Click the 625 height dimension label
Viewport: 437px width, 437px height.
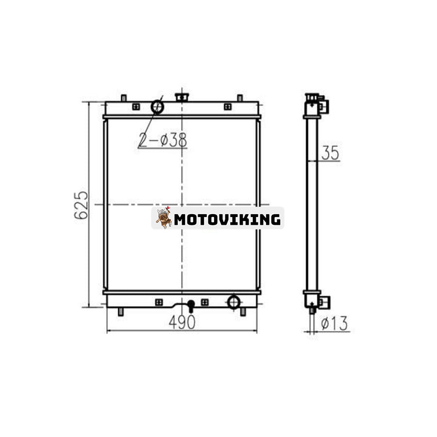point(81,205)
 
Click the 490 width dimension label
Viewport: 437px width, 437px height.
point(182,322)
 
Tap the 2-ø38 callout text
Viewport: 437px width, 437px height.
point(163,140)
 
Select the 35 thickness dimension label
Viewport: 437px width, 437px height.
point(330,153)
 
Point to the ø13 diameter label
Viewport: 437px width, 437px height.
point(334,323)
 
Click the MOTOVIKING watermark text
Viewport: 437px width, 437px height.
point(227,219)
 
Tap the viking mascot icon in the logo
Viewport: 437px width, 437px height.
point(164,218)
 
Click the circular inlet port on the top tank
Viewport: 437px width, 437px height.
point(157,107)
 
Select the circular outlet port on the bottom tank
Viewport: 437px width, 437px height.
point(234,302)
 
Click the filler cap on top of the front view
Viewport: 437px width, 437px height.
point(182,97)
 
